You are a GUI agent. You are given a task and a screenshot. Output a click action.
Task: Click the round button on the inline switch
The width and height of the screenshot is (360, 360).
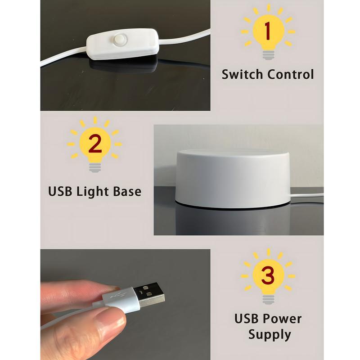[119, 39]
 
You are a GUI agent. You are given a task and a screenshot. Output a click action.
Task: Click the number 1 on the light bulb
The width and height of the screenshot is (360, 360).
[267, 31]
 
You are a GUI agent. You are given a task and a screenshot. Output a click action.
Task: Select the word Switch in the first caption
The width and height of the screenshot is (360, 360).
[242, 74]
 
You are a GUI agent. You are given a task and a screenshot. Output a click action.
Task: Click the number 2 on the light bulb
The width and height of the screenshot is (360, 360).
[95, 144]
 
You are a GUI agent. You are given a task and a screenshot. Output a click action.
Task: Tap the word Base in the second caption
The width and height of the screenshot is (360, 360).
[127, 192]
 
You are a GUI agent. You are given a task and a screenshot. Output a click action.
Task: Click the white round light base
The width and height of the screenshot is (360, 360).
[233, 179]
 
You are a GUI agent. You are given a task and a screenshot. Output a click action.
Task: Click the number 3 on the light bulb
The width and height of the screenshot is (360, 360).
[268, 275]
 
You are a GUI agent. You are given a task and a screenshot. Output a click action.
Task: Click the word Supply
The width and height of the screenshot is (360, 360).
[270, 335]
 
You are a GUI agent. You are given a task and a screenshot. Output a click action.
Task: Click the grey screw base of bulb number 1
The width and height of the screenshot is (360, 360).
[268, 55]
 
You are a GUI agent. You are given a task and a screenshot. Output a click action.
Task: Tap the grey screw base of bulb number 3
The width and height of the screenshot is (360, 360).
[268, 300]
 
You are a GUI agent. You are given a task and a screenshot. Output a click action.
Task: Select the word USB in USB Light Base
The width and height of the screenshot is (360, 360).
[60, 192]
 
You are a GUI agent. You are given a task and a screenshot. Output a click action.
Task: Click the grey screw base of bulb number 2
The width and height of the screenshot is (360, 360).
[95, 168]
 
